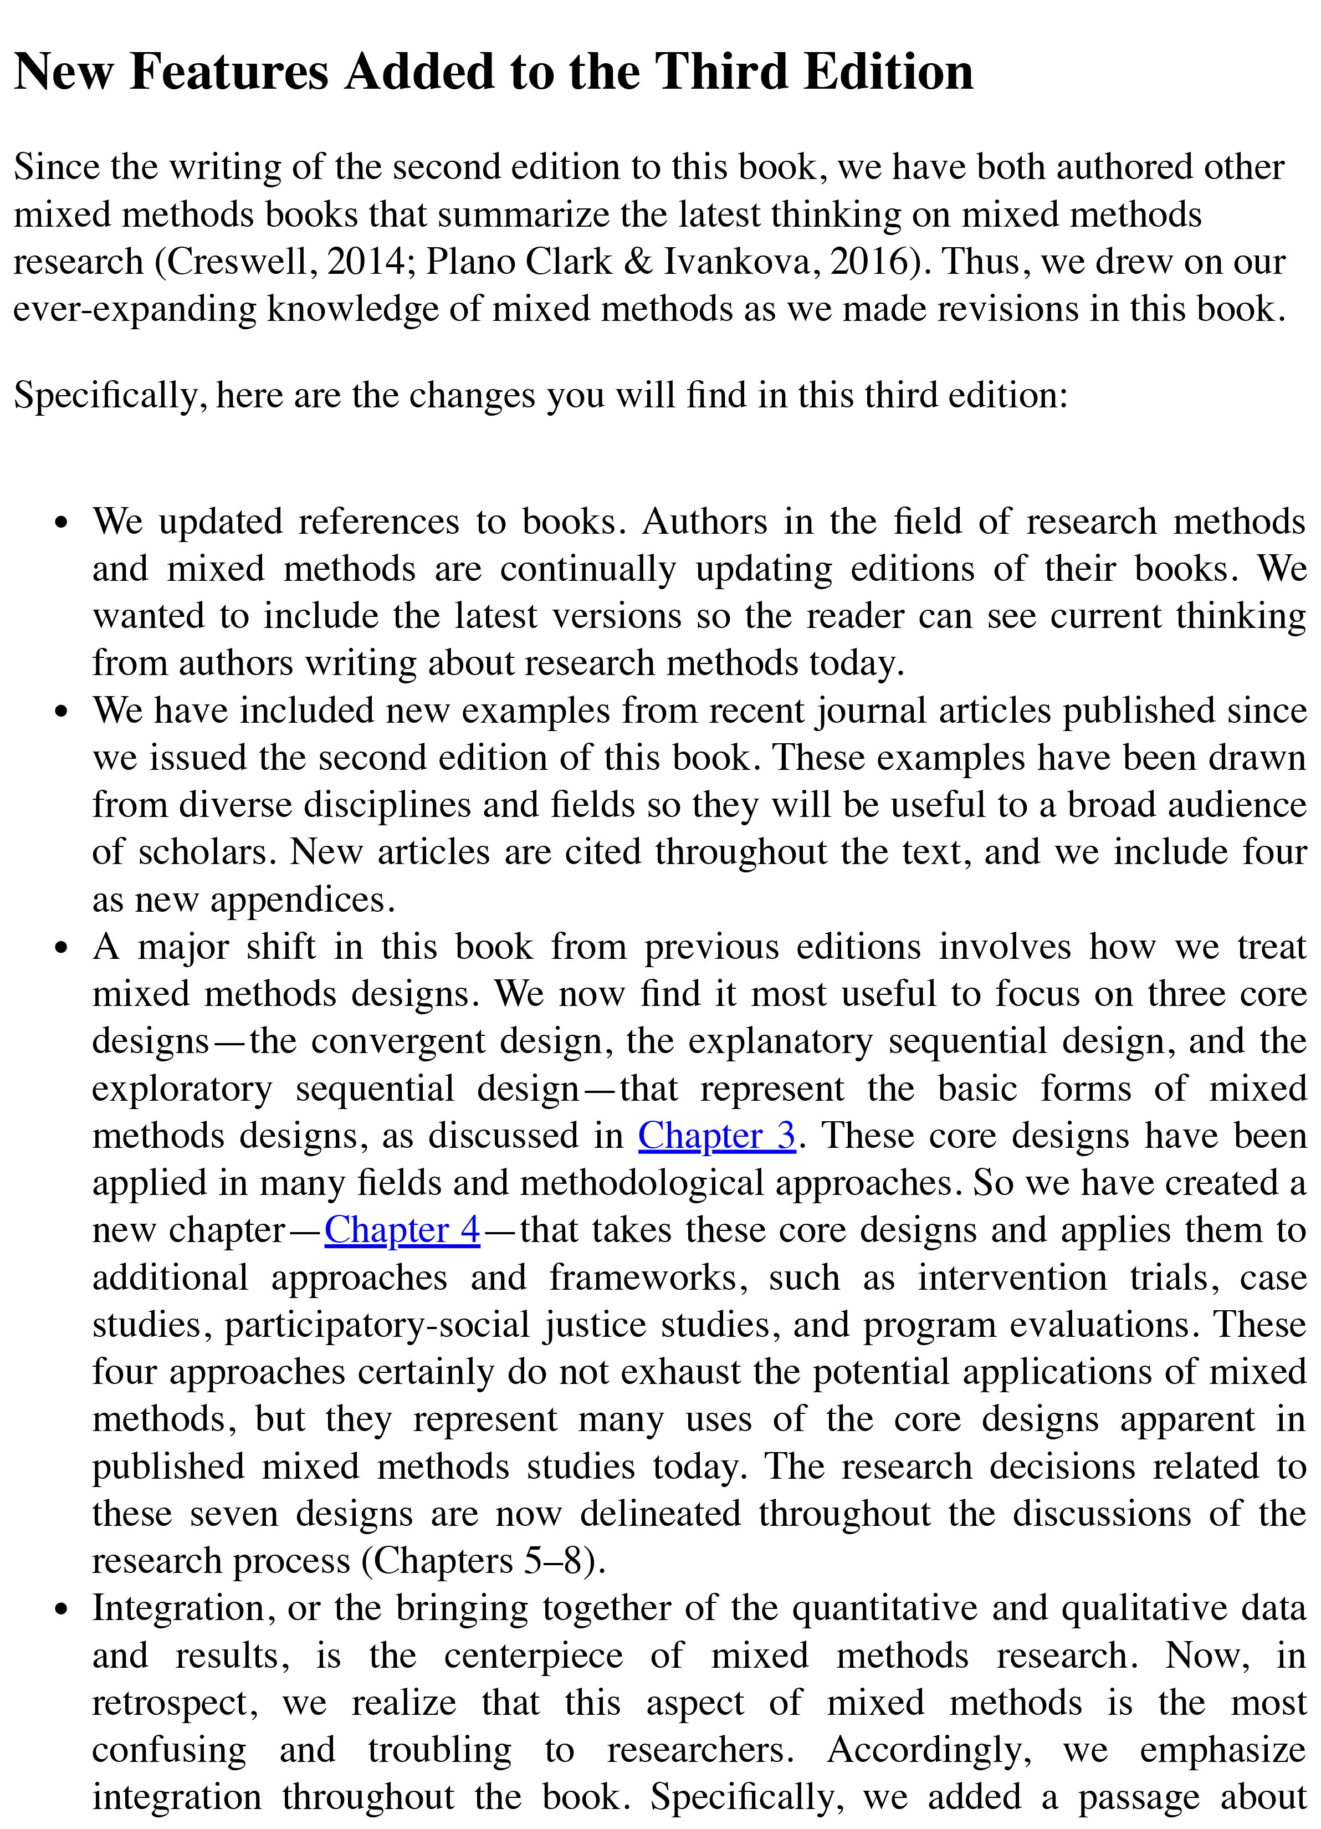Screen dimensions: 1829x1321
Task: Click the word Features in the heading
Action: (x=228, y=71)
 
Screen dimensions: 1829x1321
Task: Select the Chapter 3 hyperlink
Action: (x=716, y=1136)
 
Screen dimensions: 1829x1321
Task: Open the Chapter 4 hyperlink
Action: (x=402, y=1230)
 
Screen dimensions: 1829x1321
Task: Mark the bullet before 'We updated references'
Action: (x=62, y=523)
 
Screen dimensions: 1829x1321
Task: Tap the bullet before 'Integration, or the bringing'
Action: (x=62, y=1609)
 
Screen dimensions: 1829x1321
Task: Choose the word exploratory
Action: (x=182, y=1089)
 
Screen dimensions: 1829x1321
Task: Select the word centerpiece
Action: (x=533, y=1656)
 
